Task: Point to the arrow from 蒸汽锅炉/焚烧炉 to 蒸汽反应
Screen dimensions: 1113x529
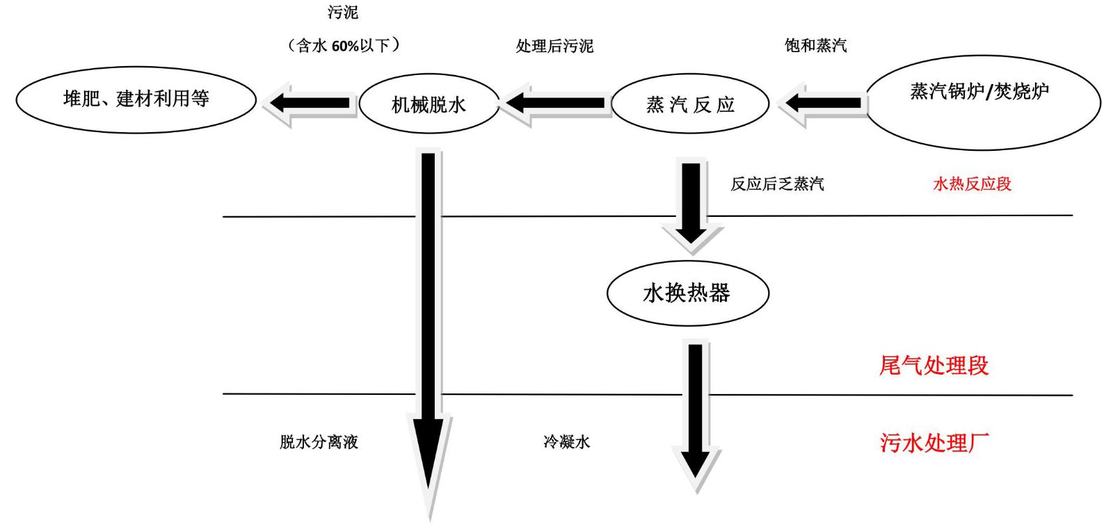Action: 822,104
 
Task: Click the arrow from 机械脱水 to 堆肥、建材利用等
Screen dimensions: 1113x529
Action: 309,104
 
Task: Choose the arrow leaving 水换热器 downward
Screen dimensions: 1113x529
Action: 696,416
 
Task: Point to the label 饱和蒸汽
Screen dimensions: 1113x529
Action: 815,46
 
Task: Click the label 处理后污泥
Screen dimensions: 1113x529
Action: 554,46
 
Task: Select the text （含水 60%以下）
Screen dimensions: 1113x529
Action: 344,46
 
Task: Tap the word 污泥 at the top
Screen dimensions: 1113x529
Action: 343,13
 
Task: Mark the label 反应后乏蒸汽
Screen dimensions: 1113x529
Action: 777,184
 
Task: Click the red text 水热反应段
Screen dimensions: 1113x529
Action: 972,184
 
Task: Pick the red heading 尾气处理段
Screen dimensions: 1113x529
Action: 934,366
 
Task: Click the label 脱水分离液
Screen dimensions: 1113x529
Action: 319,441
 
